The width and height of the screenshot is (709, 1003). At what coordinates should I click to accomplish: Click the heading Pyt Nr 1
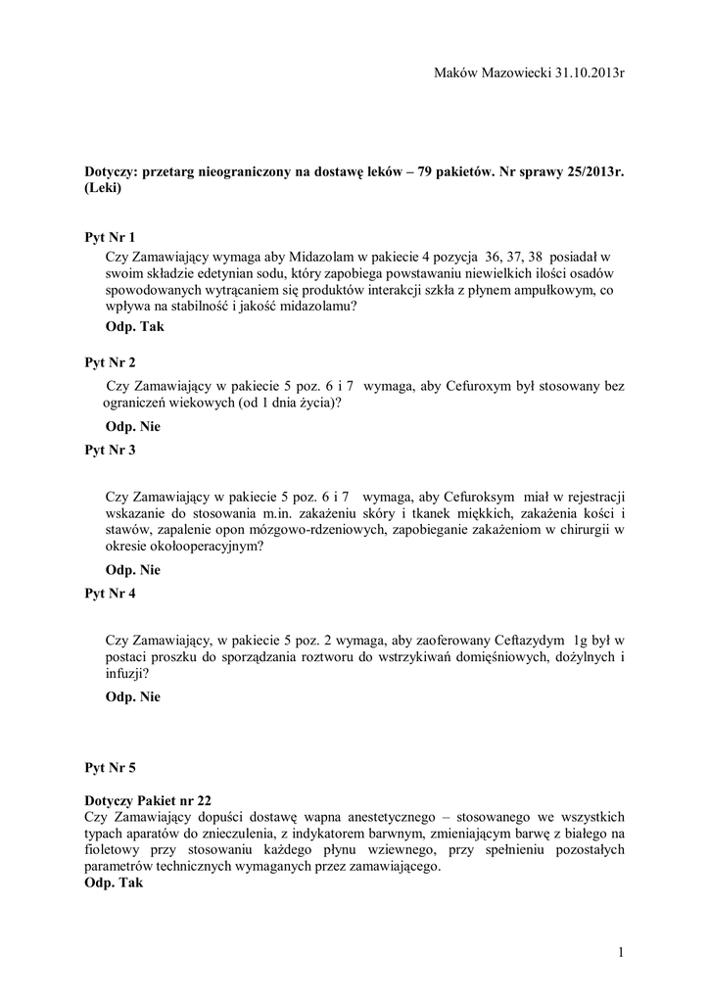(x=111, y=237)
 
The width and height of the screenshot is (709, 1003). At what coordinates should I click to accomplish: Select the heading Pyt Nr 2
(x=111, y=362)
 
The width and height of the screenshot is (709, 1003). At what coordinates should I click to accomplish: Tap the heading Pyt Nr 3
(x=111, y=451)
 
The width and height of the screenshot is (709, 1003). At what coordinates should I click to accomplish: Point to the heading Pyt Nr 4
(x=111, y=594)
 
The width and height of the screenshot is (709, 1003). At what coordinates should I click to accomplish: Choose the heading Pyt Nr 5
(x=111, y=768)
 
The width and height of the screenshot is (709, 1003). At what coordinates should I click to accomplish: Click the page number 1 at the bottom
(x=621, y=951)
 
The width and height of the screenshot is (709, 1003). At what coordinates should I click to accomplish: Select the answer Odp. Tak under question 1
(x=134, y=327)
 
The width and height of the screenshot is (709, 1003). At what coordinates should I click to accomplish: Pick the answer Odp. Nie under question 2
(x=132, y=427)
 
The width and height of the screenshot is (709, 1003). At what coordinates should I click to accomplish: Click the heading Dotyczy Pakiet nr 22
(x=147, y=799)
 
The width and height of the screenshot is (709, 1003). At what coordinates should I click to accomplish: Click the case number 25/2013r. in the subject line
(x=582, y=171)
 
